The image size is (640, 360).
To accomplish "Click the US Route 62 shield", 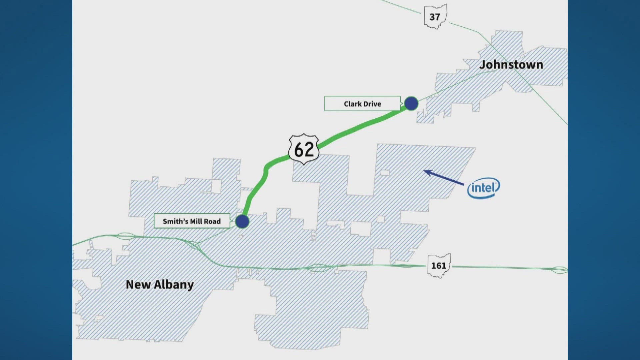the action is (304, 149).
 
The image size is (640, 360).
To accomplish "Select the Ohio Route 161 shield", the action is (439, 265).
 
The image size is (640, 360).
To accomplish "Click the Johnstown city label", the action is (511, 65).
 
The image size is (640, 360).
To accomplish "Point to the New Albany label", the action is (160, 285).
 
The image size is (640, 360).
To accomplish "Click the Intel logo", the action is (484, 188).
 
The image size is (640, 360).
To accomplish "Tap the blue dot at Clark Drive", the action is (411, 103).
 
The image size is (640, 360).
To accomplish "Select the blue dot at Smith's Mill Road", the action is (242, 221).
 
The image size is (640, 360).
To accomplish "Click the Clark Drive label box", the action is (362, 104).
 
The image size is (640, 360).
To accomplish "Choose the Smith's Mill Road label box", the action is (192, 221).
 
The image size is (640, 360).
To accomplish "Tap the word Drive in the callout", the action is (372, 104).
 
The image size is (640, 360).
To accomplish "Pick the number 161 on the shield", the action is (439, 266).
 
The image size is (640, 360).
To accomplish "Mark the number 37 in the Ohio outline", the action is (435, 17).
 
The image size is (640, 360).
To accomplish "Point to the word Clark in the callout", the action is (353, 104).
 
